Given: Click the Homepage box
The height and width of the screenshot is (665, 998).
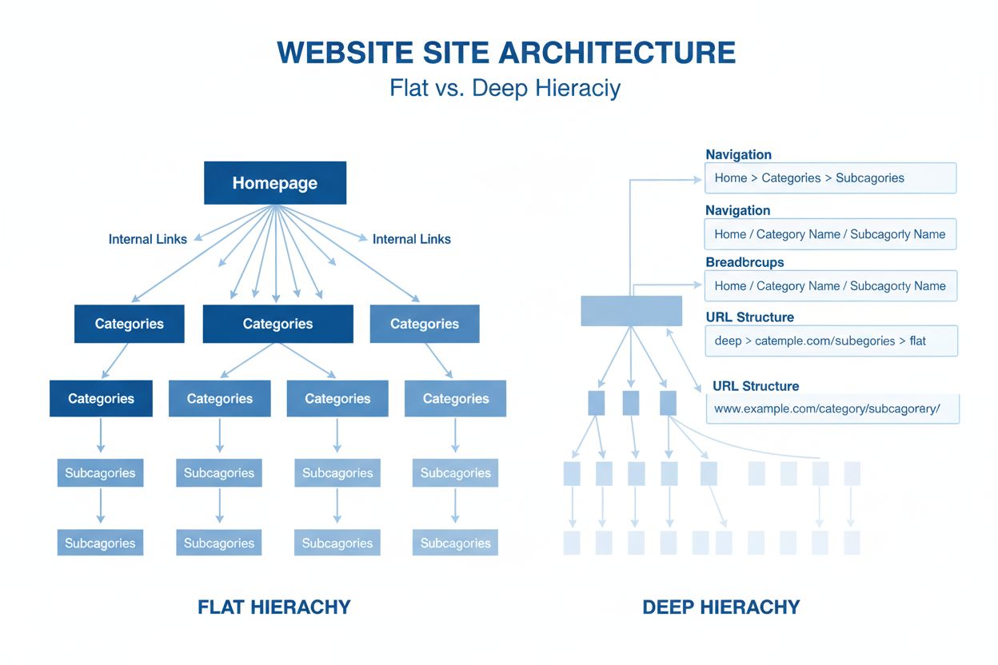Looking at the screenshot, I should point(275,183).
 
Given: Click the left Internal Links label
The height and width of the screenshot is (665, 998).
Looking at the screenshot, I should point(148,239).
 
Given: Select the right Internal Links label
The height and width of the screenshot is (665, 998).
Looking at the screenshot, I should point(411,239).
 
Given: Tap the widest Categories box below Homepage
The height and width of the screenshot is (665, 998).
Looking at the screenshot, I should point(277,324).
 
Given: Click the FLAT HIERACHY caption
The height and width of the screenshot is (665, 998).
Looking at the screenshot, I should point(273,607).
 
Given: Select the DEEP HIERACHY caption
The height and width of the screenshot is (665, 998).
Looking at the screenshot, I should point(721,607).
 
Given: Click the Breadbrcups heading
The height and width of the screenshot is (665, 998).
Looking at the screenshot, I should point(745,262).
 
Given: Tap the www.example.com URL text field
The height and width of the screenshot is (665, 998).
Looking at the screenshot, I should point(832,408).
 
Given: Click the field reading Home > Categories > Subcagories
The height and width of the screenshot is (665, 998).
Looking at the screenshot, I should point(830,178).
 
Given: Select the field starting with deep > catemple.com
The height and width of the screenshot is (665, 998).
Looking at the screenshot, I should point(830,340).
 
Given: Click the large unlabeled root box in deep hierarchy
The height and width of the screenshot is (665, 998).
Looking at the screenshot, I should point(631,310).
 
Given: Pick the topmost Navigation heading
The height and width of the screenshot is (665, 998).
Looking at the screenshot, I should point(738,155).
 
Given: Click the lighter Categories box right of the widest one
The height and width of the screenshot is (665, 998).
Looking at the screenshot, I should point(425,324).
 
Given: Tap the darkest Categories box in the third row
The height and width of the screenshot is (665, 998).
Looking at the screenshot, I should point(101,398).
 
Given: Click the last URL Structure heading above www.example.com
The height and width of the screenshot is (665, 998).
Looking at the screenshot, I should point(756,386).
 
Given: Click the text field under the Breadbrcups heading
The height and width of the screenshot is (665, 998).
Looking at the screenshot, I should point(830,286).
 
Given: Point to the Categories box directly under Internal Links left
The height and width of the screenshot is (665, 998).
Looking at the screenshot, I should point(129,324).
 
